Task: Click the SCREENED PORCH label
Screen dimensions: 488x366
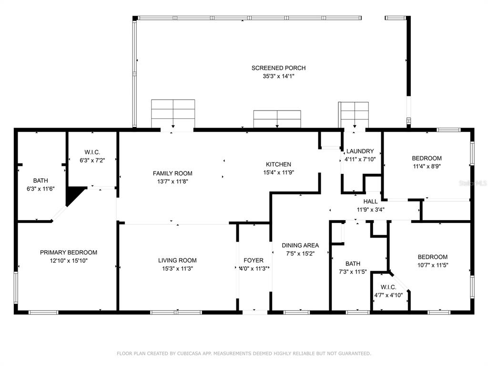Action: (278, 68)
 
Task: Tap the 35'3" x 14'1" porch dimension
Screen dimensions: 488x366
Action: (278, 76)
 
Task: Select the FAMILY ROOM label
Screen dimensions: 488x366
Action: (173, 173)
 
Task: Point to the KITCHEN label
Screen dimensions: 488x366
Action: (278, 164)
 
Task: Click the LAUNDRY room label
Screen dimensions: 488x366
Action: (360, 151)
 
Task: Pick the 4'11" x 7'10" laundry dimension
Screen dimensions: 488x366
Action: (360, 159)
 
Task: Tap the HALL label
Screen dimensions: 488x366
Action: (370, 202)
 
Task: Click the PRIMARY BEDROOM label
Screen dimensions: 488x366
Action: (69, 253)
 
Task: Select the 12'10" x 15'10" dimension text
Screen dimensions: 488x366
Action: (69, 261)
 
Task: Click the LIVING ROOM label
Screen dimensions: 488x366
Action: (177, 261)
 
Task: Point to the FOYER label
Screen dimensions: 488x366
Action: (254, 261)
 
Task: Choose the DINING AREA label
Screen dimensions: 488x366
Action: (300, 245)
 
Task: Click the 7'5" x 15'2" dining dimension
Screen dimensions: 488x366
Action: (300, 254)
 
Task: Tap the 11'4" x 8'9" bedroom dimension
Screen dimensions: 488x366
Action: (427, 166)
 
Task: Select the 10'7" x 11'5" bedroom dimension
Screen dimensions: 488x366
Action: (433, 265)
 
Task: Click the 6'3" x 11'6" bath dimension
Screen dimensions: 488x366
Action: (41, 189)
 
